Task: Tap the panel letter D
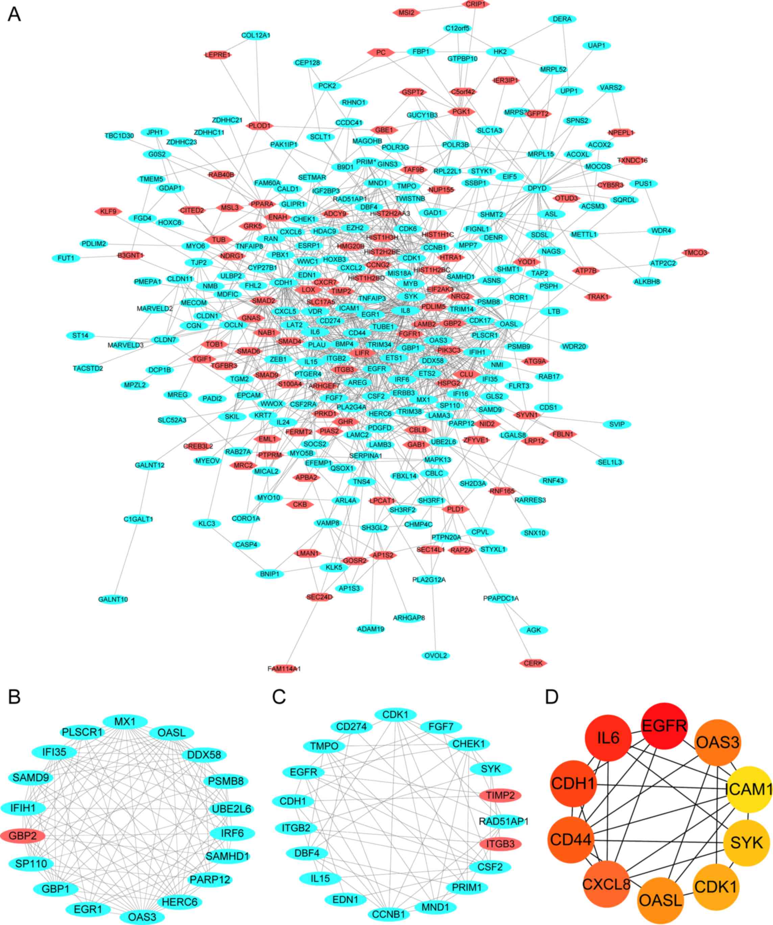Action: click(552, 697)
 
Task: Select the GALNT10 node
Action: click(113, 600)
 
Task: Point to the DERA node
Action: click(562, 19)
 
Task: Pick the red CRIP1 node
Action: click(475, 4)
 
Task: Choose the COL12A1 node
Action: click(256, 35)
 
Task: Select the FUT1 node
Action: click(66, 258)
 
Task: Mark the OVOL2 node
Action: click(436, 656)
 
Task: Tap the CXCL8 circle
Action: click(606, 884)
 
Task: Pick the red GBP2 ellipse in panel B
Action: click(22, 835)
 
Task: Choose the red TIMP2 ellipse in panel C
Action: click(500, 795)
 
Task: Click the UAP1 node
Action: click(596, 45)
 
